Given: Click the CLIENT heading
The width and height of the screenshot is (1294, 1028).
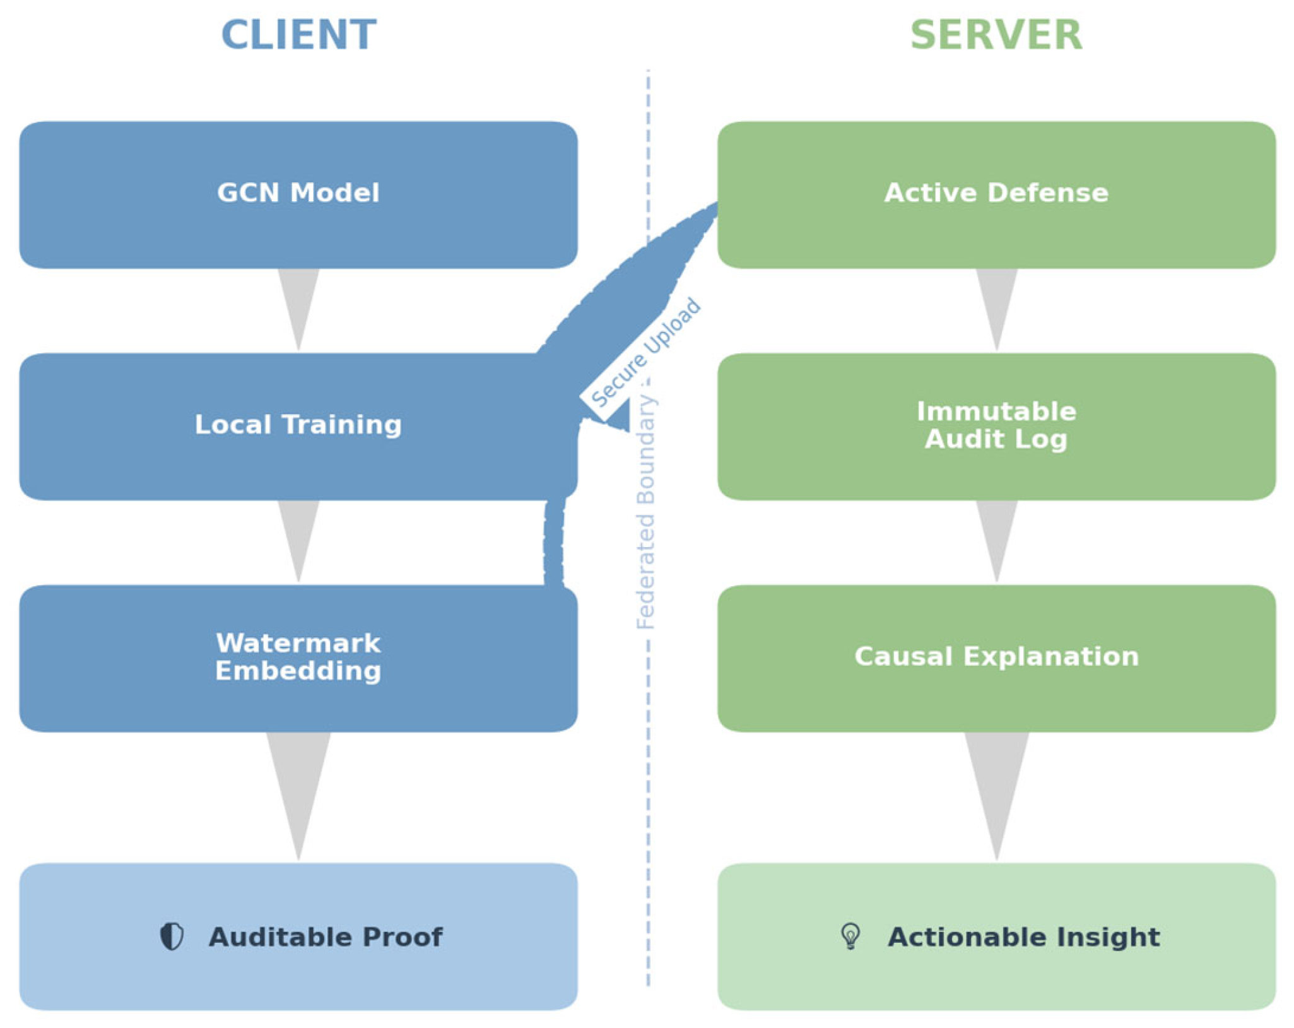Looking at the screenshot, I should coord(298,35).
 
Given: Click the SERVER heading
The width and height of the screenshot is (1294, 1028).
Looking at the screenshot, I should coord(996,35).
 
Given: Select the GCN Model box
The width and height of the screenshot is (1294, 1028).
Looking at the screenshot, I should coord(298,194).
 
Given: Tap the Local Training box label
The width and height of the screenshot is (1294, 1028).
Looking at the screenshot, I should coord(298,425).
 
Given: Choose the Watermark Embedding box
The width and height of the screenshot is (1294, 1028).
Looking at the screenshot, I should coord(298,657).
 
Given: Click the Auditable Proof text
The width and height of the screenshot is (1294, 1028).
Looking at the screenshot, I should coord(326,937).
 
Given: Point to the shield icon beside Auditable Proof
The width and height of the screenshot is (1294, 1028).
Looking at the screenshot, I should coord(172,936).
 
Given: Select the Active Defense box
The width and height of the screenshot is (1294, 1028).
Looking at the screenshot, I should coord(996,194).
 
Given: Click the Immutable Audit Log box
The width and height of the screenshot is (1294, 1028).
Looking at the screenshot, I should coord(996,425).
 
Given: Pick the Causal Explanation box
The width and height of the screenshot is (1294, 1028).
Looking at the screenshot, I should coord(996,657).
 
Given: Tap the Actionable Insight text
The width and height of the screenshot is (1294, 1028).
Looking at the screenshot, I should coord(1023,937).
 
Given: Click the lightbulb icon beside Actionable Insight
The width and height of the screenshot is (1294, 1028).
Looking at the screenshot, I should coord(850,936).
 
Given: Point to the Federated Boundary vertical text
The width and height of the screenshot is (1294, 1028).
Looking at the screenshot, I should coord(645,511).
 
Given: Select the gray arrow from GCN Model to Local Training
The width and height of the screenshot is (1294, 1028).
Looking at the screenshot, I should coord(298,303).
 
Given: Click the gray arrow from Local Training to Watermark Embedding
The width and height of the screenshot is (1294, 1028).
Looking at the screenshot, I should coord(298,535).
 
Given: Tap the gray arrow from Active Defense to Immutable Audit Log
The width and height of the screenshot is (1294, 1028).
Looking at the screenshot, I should coord(996,303).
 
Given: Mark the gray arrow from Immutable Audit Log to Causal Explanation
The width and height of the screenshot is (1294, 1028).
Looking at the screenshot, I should coord(996,535).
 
